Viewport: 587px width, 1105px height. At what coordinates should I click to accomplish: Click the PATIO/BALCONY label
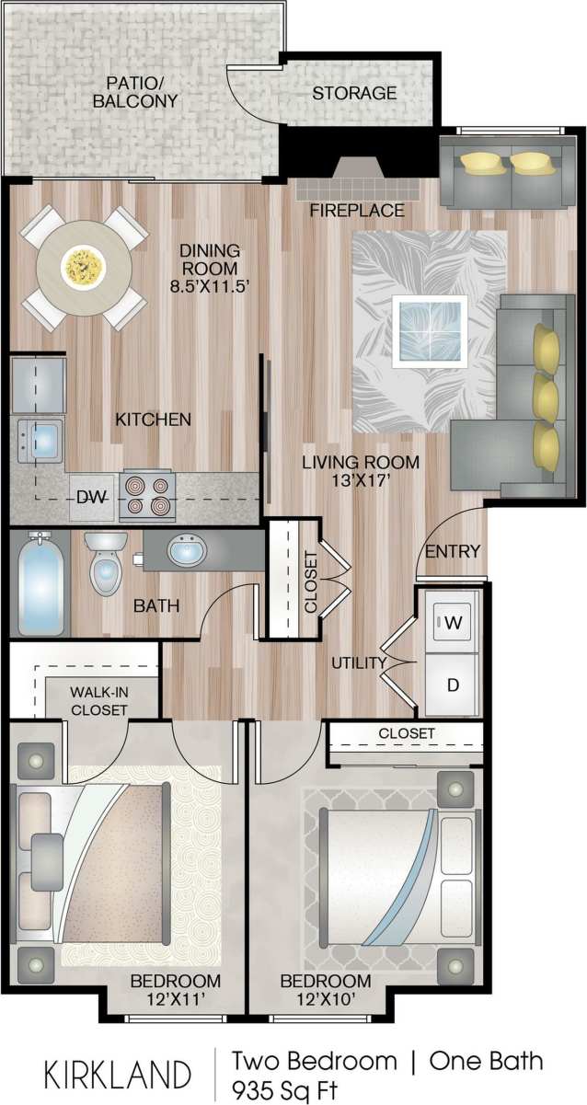coord(135,90)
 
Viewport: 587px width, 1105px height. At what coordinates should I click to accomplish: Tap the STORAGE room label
coord(354,93)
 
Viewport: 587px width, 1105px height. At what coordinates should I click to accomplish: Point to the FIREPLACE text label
coord(356,211)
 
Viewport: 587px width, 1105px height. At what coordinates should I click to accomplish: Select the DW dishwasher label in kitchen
coord(90,498)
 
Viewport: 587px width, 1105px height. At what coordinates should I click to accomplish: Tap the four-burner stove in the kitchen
coord(148,496)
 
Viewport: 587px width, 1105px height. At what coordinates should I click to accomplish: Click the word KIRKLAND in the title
coord(118,1075)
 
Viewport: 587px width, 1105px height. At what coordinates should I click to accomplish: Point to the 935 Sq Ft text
coord(284,1090)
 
